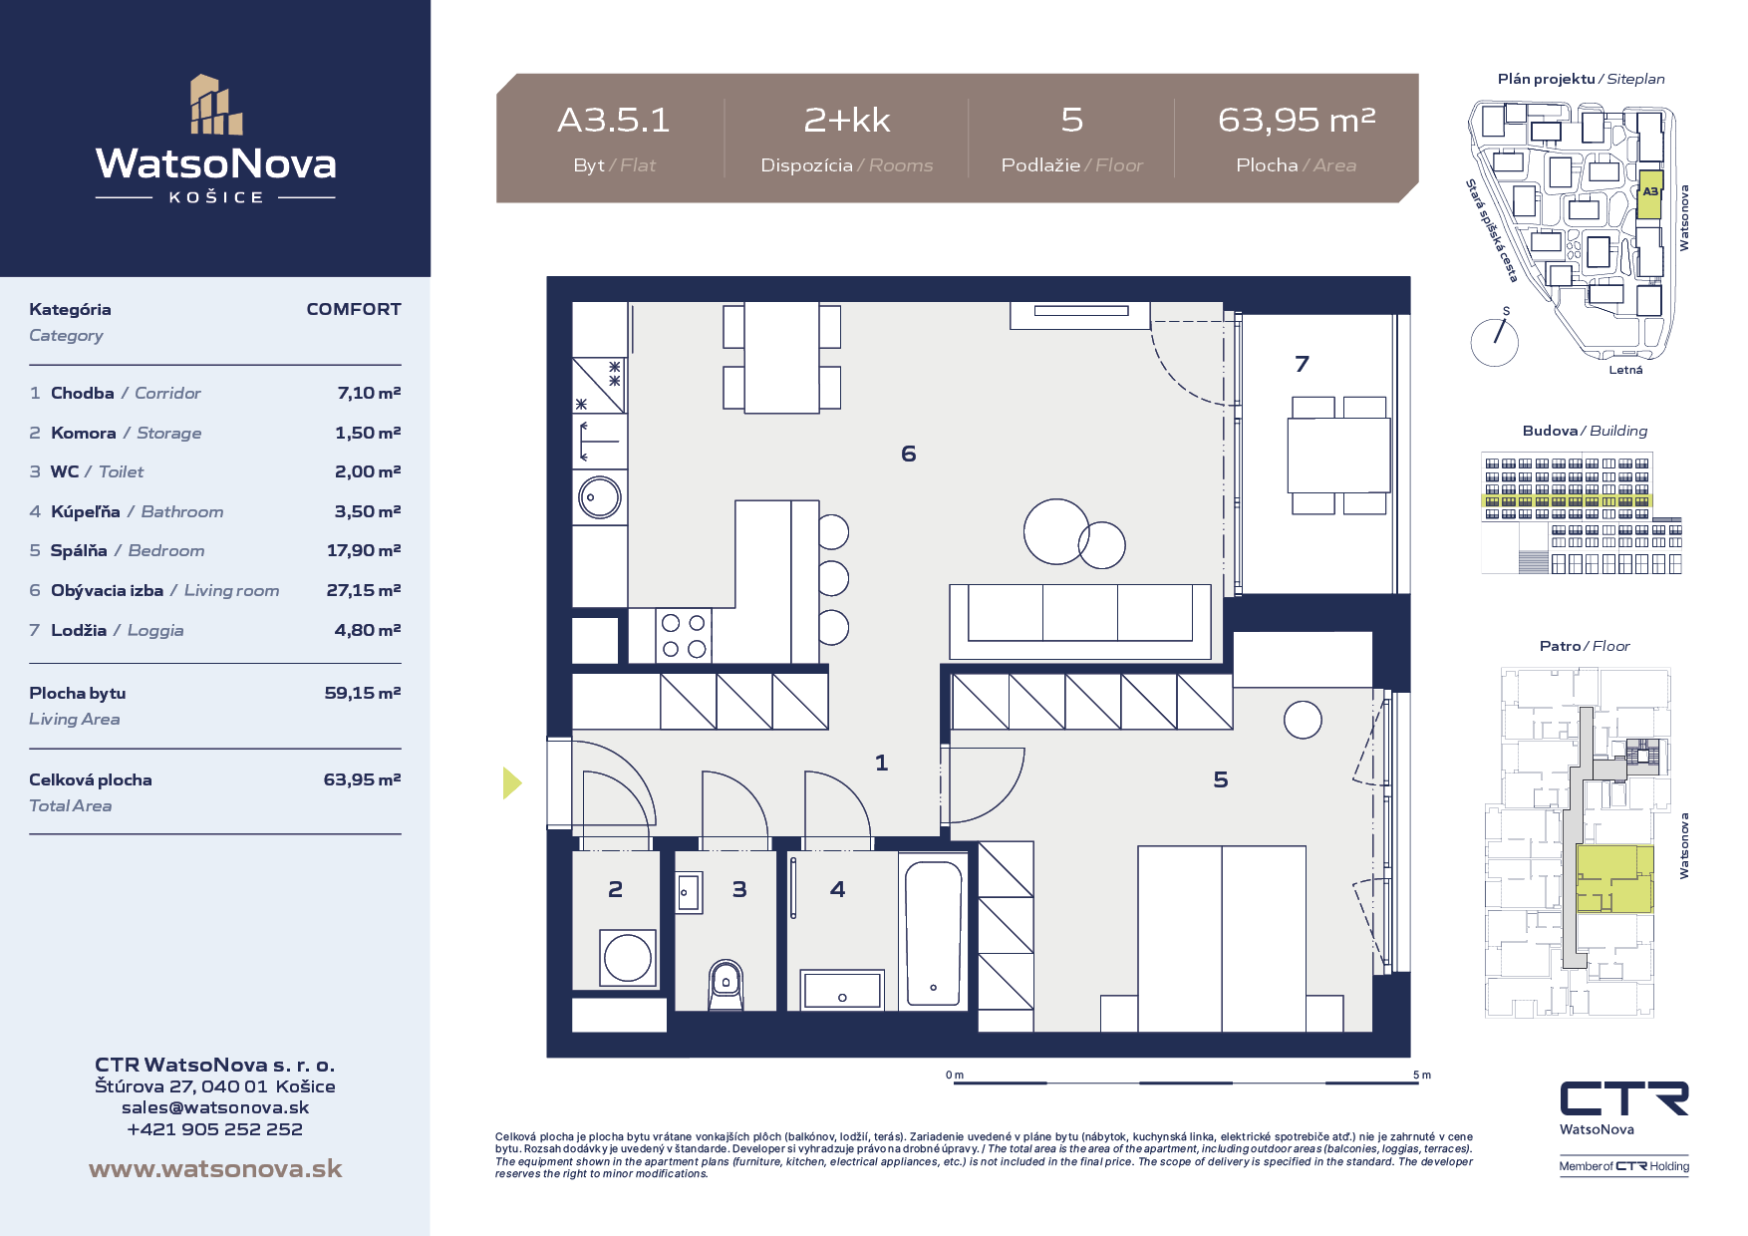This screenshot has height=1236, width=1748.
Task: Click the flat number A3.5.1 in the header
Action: (614, 120)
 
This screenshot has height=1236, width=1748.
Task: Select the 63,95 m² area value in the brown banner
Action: (1297, 120)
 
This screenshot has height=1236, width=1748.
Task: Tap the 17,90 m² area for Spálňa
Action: (364, 550)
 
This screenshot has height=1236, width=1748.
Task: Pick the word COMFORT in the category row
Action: (354, 309)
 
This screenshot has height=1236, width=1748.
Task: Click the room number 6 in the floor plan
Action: (908, 454)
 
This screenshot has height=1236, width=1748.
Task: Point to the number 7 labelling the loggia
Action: (1302, 364)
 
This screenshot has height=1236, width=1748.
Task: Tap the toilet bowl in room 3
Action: (727, 985)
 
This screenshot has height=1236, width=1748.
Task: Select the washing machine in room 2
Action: (628, 958)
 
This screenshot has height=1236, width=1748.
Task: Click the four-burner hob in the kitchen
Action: (684, 636)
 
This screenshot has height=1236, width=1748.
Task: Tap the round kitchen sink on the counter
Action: (600, 496)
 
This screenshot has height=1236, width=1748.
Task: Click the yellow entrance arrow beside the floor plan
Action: (512, 782)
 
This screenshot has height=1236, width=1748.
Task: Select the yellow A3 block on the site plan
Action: (1649, 194)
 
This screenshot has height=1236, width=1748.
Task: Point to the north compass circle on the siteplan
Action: (1495, 342)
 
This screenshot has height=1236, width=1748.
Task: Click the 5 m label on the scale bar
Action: (1421, 1075)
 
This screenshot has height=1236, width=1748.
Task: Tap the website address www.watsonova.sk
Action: (215, 1168)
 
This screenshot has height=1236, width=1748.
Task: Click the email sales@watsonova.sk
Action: (215, 1107)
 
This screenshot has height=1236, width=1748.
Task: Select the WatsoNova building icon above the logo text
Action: (216, 104)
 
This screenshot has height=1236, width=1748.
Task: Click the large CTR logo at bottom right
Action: (1624, 1098)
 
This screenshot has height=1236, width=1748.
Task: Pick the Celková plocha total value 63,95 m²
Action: (362, 779)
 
